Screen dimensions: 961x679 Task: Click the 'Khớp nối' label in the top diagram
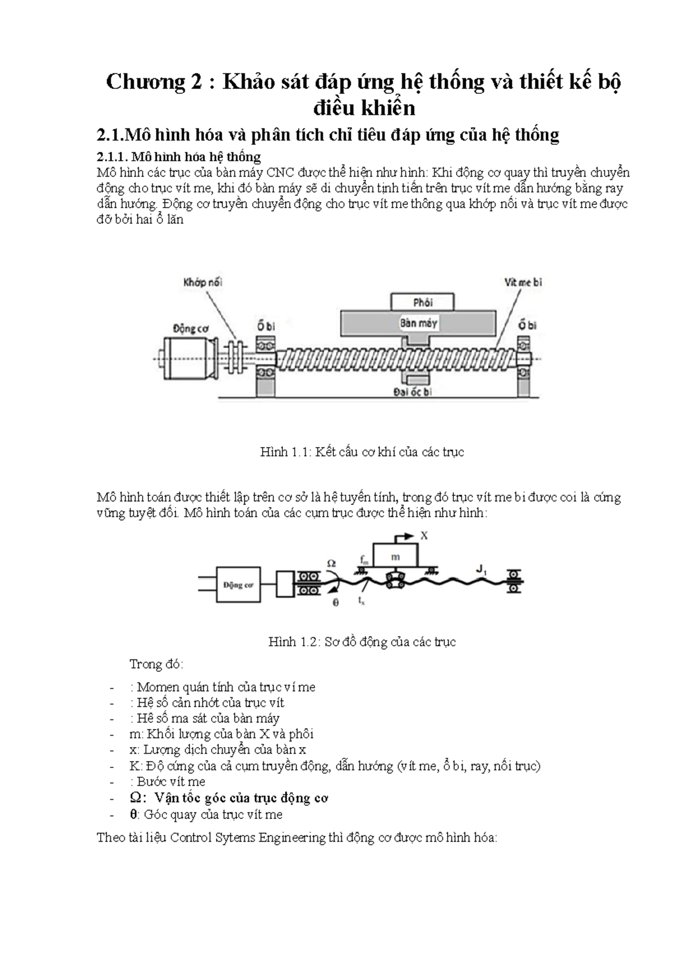click(202, 282)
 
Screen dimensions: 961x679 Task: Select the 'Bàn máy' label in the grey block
click(418, 324)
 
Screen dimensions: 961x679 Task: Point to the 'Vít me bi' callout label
click(523, 282)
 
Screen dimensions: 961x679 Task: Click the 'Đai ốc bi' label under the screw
click(412, 392)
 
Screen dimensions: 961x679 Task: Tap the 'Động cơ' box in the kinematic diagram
click(238, 585)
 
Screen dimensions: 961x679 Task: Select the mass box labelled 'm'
click(396, 557)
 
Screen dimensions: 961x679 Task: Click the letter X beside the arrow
click(424, 535)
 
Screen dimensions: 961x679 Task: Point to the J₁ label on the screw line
click(481, 571)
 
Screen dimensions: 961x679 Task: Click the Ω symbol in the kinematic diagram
click(331, 563)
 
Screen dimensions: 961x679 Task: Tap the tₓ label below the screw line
click(362, 602)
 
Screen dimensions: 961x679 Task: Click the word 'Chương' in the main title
click(144, 83)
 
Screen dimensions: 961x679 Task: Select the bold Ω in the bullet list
click(135, 798)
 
